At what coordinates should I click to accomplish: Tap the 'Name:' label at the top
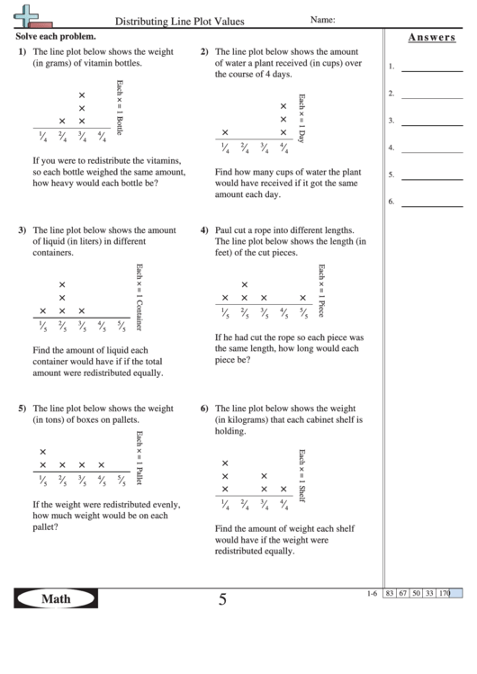(x=323, y=19)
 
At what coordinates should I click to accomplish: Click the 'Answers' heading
(x=430, y=38)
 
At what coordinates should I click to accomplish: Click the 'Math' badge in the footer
(x=56, y=599)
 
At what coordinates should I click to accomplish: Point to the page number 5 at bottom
(x=222, y=600)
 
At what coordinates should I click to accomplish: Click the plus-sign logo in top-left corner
(x=30, y=13)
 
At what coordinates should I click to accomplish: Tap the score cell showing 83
(x=390, y=593)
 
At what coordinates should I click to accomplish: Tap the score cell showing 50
(x=417, y=593)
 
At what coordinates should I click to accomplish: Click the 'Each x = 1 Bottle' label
(x=120, y=107)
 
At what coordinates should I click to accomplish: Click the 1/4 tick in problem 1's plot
(x=42, y=137)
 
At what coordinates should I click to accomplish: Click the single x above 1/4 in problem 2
(x=225, y=132)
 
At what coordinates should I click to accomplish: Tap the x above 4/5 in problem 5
(x=101, y=465)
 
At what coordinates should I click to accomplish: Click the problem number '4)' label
(x=204, y=229)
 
